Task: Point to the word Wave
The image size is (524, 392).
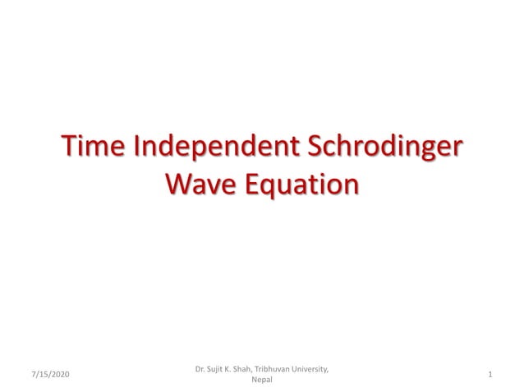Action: [198, 184]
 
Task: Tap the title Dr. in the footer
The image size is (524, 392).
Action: [200, 369]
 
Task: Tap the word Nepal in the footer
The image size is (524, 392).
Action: [262, 380]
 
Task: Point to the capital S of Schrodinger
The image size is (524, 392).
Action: [315, 150]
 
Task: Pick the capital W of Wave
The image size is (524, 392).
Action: [177, 184]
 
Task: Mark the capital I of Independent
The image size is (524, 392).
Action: [136, 150]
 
